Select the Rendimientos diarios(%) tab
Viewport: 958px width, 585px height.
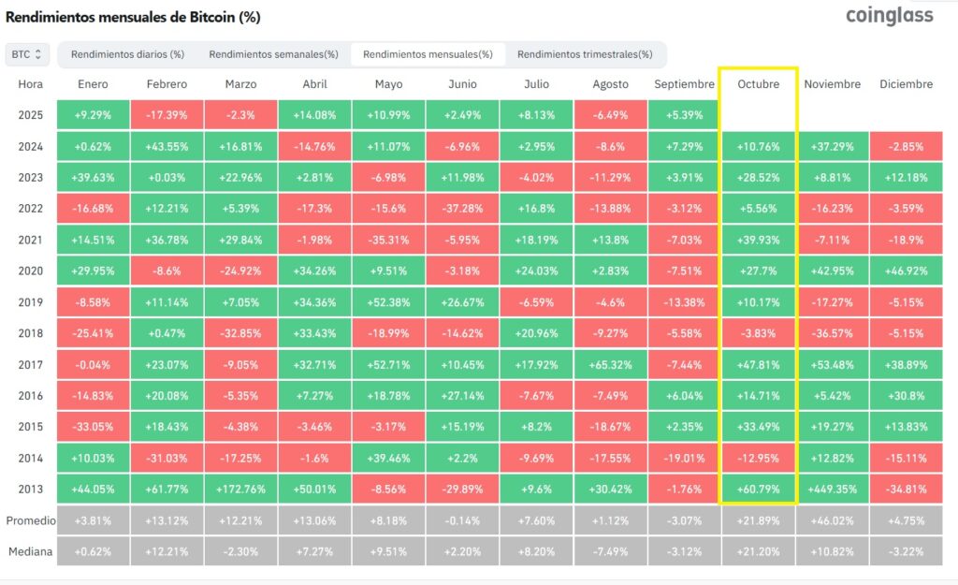pyautogui.click(x=127, y=54)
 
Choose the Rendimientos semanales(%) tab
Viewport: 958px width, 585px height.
pyautogui.click(x=273, y=54)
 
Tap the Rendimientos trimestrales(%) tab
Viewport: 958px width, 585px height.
pyautogui.click(x=585, y=54)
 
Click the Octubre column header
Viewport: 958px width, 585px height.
pyautogui.click(x=758, y=84)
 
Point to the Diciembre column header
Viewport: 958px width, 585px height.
pyautogui.click(x=906, y=84)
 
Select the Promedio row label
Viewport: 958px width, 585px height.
pyautogui.click(x=31, y=520)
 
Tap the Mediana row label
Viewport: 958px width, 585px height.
pyautogui.click(x=31, y=552)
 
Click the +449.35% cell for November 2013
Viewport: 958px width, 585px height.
pyautogui.click(x=832, y=489)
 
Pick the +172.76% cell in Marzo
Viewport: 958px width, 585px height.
pyautogui.click(x=240, y=489)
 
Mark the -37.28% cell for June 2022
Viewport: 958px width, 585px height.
pyautogui.click(x=462, y=208)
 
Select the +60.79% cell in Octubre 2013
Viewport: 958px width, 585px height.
pyautogui.click(x=758, y=489)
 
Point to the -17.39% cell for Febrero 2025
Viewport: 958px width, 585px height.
pyautogui.click(x=167, y=115)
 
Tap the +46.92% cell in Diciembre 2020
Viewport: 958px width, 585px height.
pyautogui.click(x=906, y=271)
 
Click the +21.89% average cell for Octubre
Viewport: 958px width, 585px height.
pyautogui.click(x=758, y=520)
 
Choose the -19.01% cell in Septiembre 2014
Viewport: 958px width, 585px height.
pyautogui.click(x=684, y=457)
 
